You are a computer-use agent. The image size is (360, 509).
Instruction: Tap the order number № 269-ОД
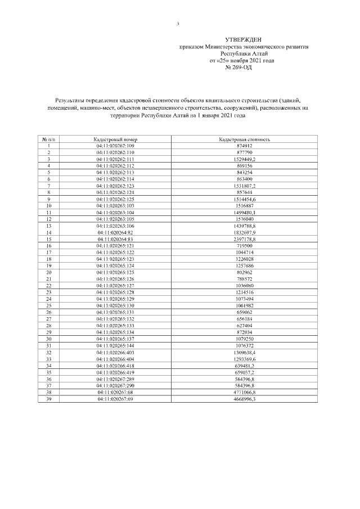pos(238,66)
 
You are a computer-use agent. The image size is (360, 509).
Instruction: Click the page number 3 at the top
pos(178,24)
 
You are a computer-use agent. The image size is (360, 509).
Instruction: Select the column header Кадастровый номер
pos(115,138)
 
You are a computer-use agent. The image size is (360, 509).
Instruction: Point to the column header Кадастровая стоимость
pos(245,138)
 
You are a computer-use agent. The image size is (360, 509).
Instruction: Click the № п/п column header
pos(49,138)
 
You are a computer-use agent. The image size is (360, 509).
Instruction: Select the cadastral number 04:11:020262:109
pos(115,146)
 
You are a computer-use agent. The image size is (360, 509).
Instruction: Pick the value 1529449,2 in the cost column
pos(245,159)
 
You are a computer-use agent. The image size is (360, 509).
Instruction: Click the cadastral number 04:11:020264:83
pos(115,239)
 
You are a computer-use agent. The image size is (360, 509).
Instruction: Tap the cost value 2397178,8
pos(245,239)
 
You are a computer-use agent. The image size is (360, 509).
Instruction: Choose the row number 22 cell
pos(49,285)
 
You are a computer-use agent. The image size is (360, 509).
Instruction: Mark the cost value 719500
pos(245,246)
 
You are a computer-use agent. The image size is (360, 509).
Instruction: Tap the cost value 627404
pos(245,325)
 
